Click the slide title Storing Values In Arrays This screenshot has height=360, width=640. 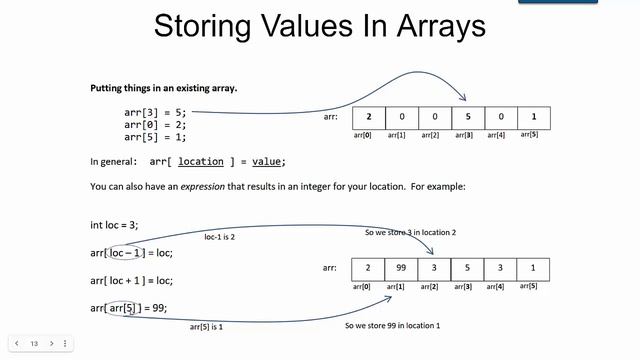coord(319,26)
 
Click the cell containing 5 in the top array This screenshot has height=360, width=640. coord(469,118)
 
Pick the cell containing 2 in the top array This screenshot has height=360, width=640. coord(369,118)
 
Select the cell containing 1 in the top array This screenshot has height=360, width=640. coord(534,118)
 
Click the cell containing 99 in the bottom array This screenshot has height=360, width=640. coord(402,269)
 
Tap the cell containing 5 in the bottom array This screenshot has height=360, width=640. coord(469,269)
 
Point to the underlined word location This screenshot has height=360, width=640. coord(201,161)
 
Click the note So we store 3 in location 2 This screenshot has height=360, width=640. coord(412,232)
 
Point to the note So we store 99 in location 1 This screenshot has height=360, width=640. coord(392,326)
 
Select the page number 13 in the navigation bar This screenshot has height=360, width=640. coord(34,343)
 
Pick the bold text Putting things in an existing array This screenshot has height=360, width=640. coord(163,88)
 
